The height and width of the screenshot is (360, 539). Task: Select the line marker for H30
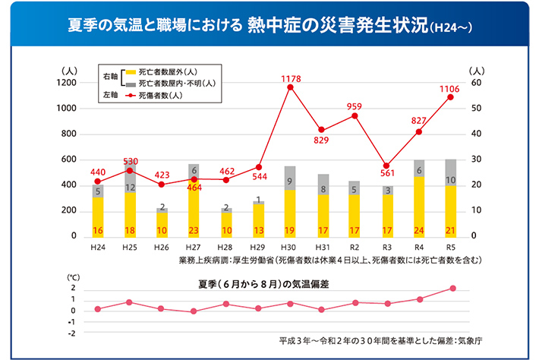pyautogui.click(x=291, y=87)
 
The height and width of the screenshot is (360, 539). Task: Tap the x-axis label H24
pyautogui.click(x=97, y=248)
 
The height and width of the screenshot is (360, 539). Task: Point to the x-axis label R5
pyautogui.click(x=451, y=248)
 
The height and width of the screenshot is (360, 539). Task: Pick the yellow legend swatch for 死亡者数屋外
pyautogui.click(x=130, y=71)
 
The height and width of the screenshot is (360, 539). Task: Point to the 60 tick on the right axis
pyautogui.click(x=476, y=82)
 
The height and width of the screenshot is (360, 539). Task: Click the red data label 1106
pyautogui.click(x=451, y=88)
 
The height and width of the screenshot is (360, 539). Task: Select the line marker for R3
pyautogui.click(x=386, y=166)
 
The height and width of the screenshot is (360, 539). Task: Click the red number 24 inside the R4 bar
pyautogui.click(x=419, y=230)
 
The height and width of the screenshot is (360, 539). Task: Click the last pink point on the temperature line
pyautogui.click(x=452, y=288)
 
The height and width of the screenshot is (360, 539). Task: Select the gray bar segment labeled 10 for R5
pyautogui.click(x=451, y=180)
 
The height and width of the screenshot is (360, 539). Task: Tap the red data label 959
pyautogui.click(x=355, y=106)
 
